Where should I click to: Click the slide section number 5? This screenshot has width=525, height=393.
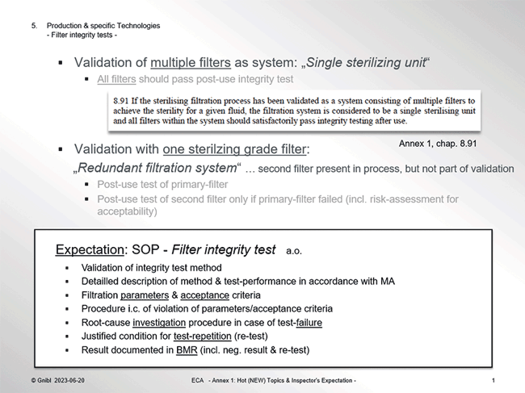pos(34,26)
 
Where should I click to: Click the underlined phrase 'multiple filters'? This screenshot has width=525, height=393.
pos(191,63)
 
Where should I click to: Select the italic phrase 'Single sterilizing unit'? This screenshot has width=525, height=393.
pos(366,63)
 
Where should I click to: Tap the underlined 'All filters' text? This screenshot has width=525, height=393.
pos(116,79)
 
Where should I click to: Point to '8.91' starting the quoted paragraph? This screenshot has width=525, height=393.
pos(120,101)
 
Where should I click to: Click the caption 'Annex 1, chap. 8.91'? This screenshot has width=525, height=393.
pos(438,144)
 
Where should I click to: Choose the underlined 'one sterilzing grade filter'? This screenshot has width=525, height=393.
pos(234,149)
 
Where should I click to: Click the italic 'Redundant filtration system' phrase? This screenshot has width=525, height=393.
pos(157,168)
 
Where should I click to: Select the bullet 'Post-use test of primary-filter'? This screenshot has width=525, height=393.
pos(162,185)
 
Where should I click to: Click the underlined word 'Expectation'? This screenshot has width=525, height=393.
pos(90,250)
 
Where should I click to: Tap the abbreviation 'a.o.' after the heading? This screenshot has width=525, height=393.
pos(294,251)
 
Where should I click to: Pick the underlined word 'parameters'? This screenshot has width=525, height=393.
pos(145,295)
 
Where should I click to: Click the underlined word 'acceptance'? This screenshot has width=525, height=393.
pos(204,295)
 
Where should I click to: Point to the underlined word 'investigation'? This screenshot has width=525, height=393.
pos(159,323)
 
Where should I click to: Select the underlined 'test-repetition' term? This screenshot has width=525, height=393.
pos(202,337)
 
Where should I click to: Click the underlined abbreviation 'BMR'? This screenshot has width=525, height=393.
pos(187,350)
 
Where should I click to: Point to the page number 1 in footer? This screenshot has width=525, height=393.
pos(493,380)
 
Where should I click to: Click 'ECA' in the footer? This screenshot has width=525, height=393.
pos(198,380)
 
